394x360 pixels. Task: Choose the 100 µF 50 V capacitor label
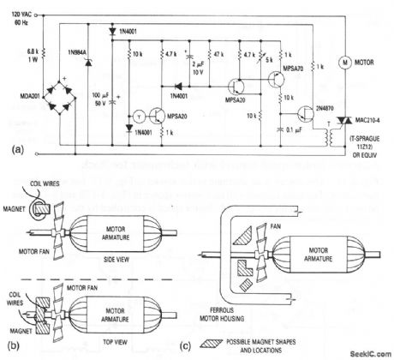pos(101,88)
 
